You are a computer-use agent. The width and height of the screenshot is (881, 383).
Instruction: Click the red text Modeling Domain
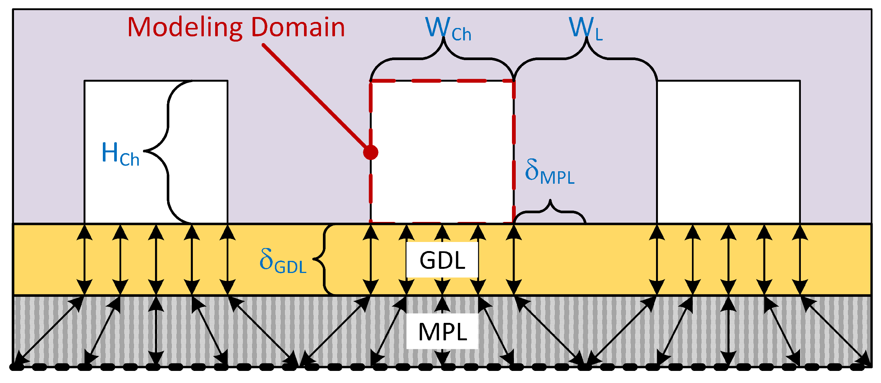click(x=236, y=28)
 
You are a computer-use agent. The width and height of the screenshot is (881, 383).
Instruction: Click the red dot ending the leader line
click(x=371, y=152)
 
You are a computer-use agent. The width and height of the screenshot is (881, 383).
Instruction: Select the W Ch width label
click(x=448, y=28)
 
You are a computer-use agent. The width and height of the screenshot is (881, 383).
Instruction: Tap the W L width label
click(x=585, y=28)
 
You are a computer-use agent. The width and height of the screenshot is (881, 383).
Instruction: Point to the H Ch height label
click(x=120, y=154)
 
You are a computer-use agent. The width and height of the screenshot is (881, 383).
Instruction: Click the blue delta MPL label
click(x=549, y=172)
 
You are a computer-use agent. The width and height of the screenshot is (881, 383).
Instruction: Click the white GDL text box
click(x=442, y=260)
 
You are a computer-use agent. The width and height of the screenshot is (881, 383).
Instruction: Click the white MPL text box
click(x=442, y=332)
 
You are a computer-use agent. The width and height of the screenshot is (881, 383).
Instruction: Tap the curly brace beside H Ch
click(x=168, y=151)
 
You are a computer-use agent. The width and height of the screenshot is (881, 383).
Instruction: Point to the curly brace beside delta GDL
click(x=324, y=259)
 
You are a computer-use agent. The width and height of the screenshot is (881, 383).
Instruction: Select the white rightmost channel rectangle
click(x=728, y=151)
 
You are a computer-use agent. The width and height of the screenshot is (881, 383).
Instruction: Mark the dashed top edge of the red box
click(x=442, y=81)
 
